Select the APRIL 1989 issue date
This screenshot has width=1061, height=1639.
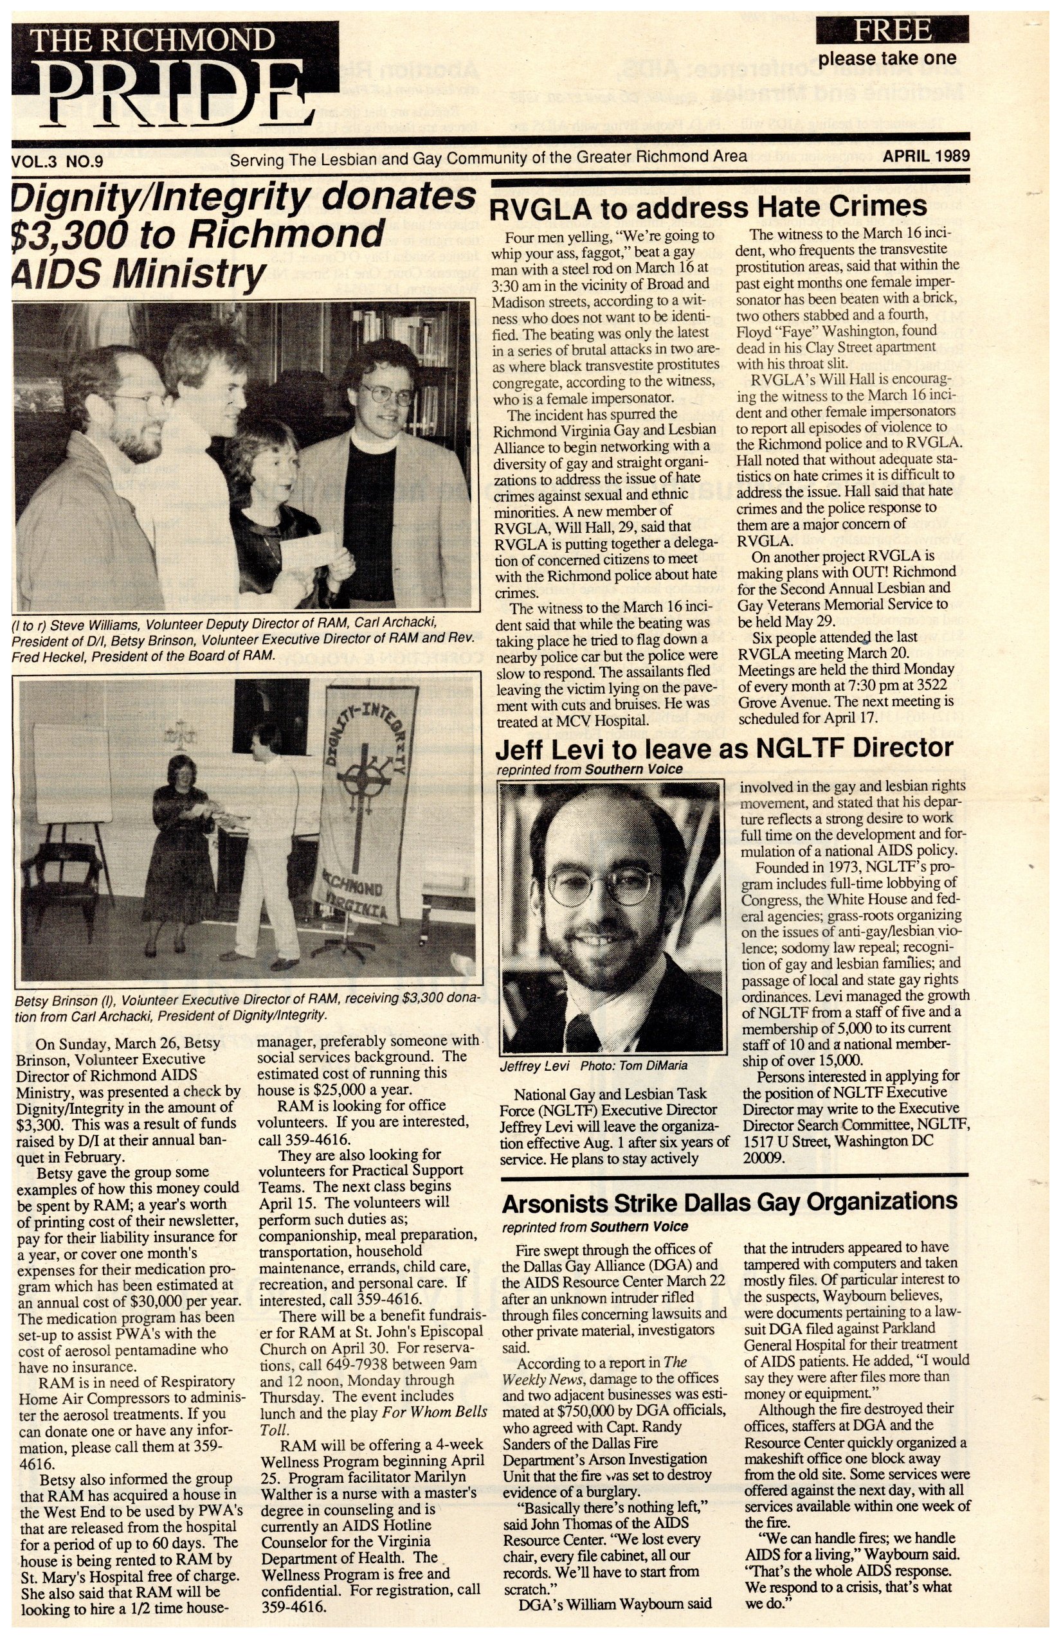point(926,156)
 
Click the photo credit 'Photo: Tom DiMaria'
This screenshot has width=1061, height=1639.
point(633,1066)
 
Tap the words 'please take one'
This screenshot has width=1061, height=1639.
point(887,58)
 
